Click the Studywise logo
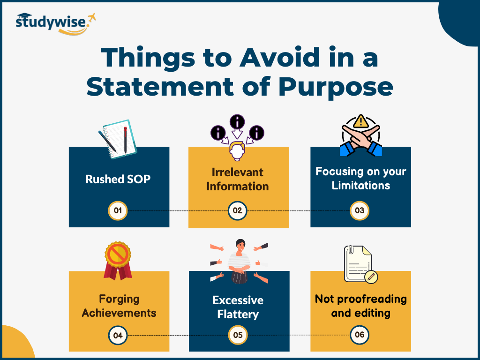[x=55, y=23]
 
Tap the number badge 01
[x=118, y=210]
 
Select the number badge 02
[x=237, y=210]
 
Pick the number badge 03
[x=360, y=210]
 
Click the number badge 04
[x=118, y=335]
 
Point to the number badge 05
[x=238, y=335]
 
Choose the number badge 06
[x=360, y=335]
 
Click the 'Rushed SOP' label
[x=118, y=179]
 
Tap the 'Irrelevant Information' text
[x=238, y=179]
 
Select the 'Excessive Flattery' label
[x=238, y=307]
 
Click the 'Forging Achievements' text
[x=119, y=306]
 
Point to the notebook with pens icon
[x=118, y=139]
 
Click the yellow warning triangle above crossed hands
[x=361, y=121]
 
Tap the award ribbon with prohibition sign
[x=118, y=261]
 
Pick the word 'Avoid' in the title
[x=280, y=58]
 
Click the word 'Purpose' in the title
[x=336, y=88]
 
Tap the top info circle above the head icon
[x=237, y=122]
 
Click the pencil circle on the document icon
[x=371, y=277]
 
